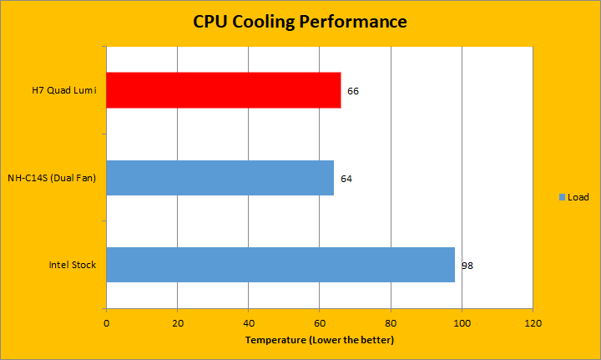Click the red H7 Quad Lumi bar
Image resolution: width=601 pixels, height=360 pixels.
pyautogui.click(x=224, y=90)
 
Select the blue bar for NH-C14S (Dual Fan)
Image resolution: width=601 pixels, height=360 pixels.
pyautogui.click(x=220, y=178)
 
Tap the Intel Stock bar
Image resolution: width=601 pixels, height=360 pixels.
pyautogui.click(x=280, y=265)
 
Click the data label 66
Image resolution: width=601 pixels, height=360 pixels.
pyautogui.click(x=353, y=90)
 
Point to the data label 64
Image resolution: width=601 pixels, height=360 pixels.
pyautogui.click(x=346, y=179)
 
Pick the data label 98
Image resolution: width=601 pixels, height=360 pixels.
pyautogui.click(x=467, y=266)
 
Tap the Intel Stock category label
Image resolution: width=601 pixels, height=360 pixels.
pyautogui.click(x=73, y=265)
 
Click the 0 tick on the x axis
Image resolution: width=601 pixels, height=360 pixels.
pyautogui.click(x=106, y=322)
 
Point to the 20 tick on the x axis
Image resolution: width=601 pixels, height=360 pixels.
pyautogui.click(x=177, y=322)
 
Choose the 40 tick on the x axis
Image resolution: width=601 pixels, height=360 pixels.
pyautogui.click(x=249, y=322)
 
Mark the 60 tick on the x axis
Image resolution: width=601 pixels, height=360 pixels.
pyautogui.click(x=320, y=322)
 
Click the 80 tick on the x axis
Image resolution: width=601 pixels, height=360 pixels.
pyautogui.click(x=391, y=322)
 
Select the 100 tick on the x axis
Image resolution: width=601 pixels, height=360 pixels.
pyautogui.click(x=462, y=322)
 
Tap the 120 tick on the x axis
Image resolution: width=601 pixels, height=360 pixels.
pyautogui.click(x=533, y=322)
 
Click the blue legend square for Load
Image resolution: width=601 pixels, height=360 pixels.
pyautogui.click(x=562, y=197)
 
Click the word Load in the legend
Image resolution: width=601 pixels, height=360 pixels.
pyautogui.click(x=578, y=197)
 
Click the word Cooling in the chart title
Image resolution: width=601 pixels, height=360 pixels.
pyautogui.click(x=263, y=21)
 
